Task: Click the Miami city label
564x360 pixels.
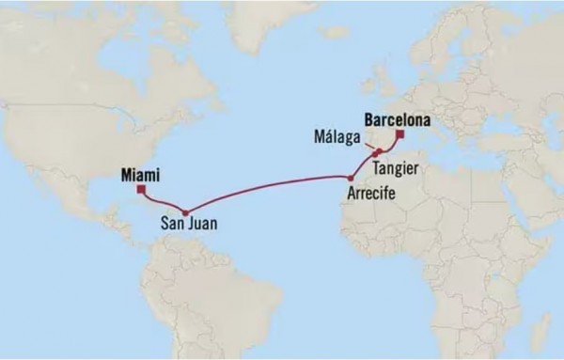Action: [x=140, y=174]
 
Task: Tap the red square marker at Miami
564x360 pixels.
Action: [x=141, y=189]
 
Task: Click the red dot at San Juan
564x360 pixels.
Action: [x=185, y=211]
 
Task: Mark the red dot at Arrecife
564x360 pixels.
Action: [x=351, y=178]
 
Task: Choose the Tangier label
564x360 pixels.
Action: [x=395, y=167]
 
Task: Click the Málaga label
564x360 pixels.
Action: [x=336, y=135]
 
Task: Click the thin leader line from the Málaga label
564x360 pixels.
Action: [x=366, y=144]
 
